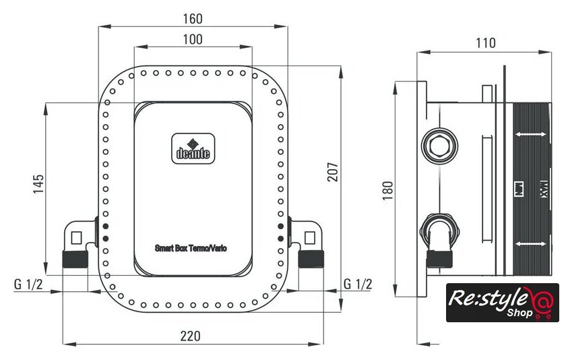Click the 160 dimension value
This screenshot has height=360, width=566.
(193, 18)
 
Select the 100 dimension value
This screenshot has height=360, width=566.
(193, 39)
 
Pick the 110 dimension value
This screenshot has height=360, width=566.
(485, 43)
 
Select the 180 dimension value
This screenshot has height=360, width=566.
(387, 191)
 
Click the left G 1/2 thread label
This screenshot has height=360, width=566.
(28, 284)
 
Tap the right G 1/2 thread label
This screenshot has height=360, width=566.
(357, 284)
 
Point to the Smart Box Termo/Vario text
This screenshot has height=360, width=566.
(191, 248)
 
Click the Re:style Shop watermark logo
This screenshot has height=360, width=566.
(502, 302)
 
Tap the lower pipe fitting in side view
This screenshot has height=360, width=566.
(439, 233)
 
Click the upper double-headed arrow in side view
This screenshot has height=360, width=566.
(531, 136)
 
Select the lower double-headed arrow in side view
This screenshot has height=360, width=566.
(531, 243)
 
